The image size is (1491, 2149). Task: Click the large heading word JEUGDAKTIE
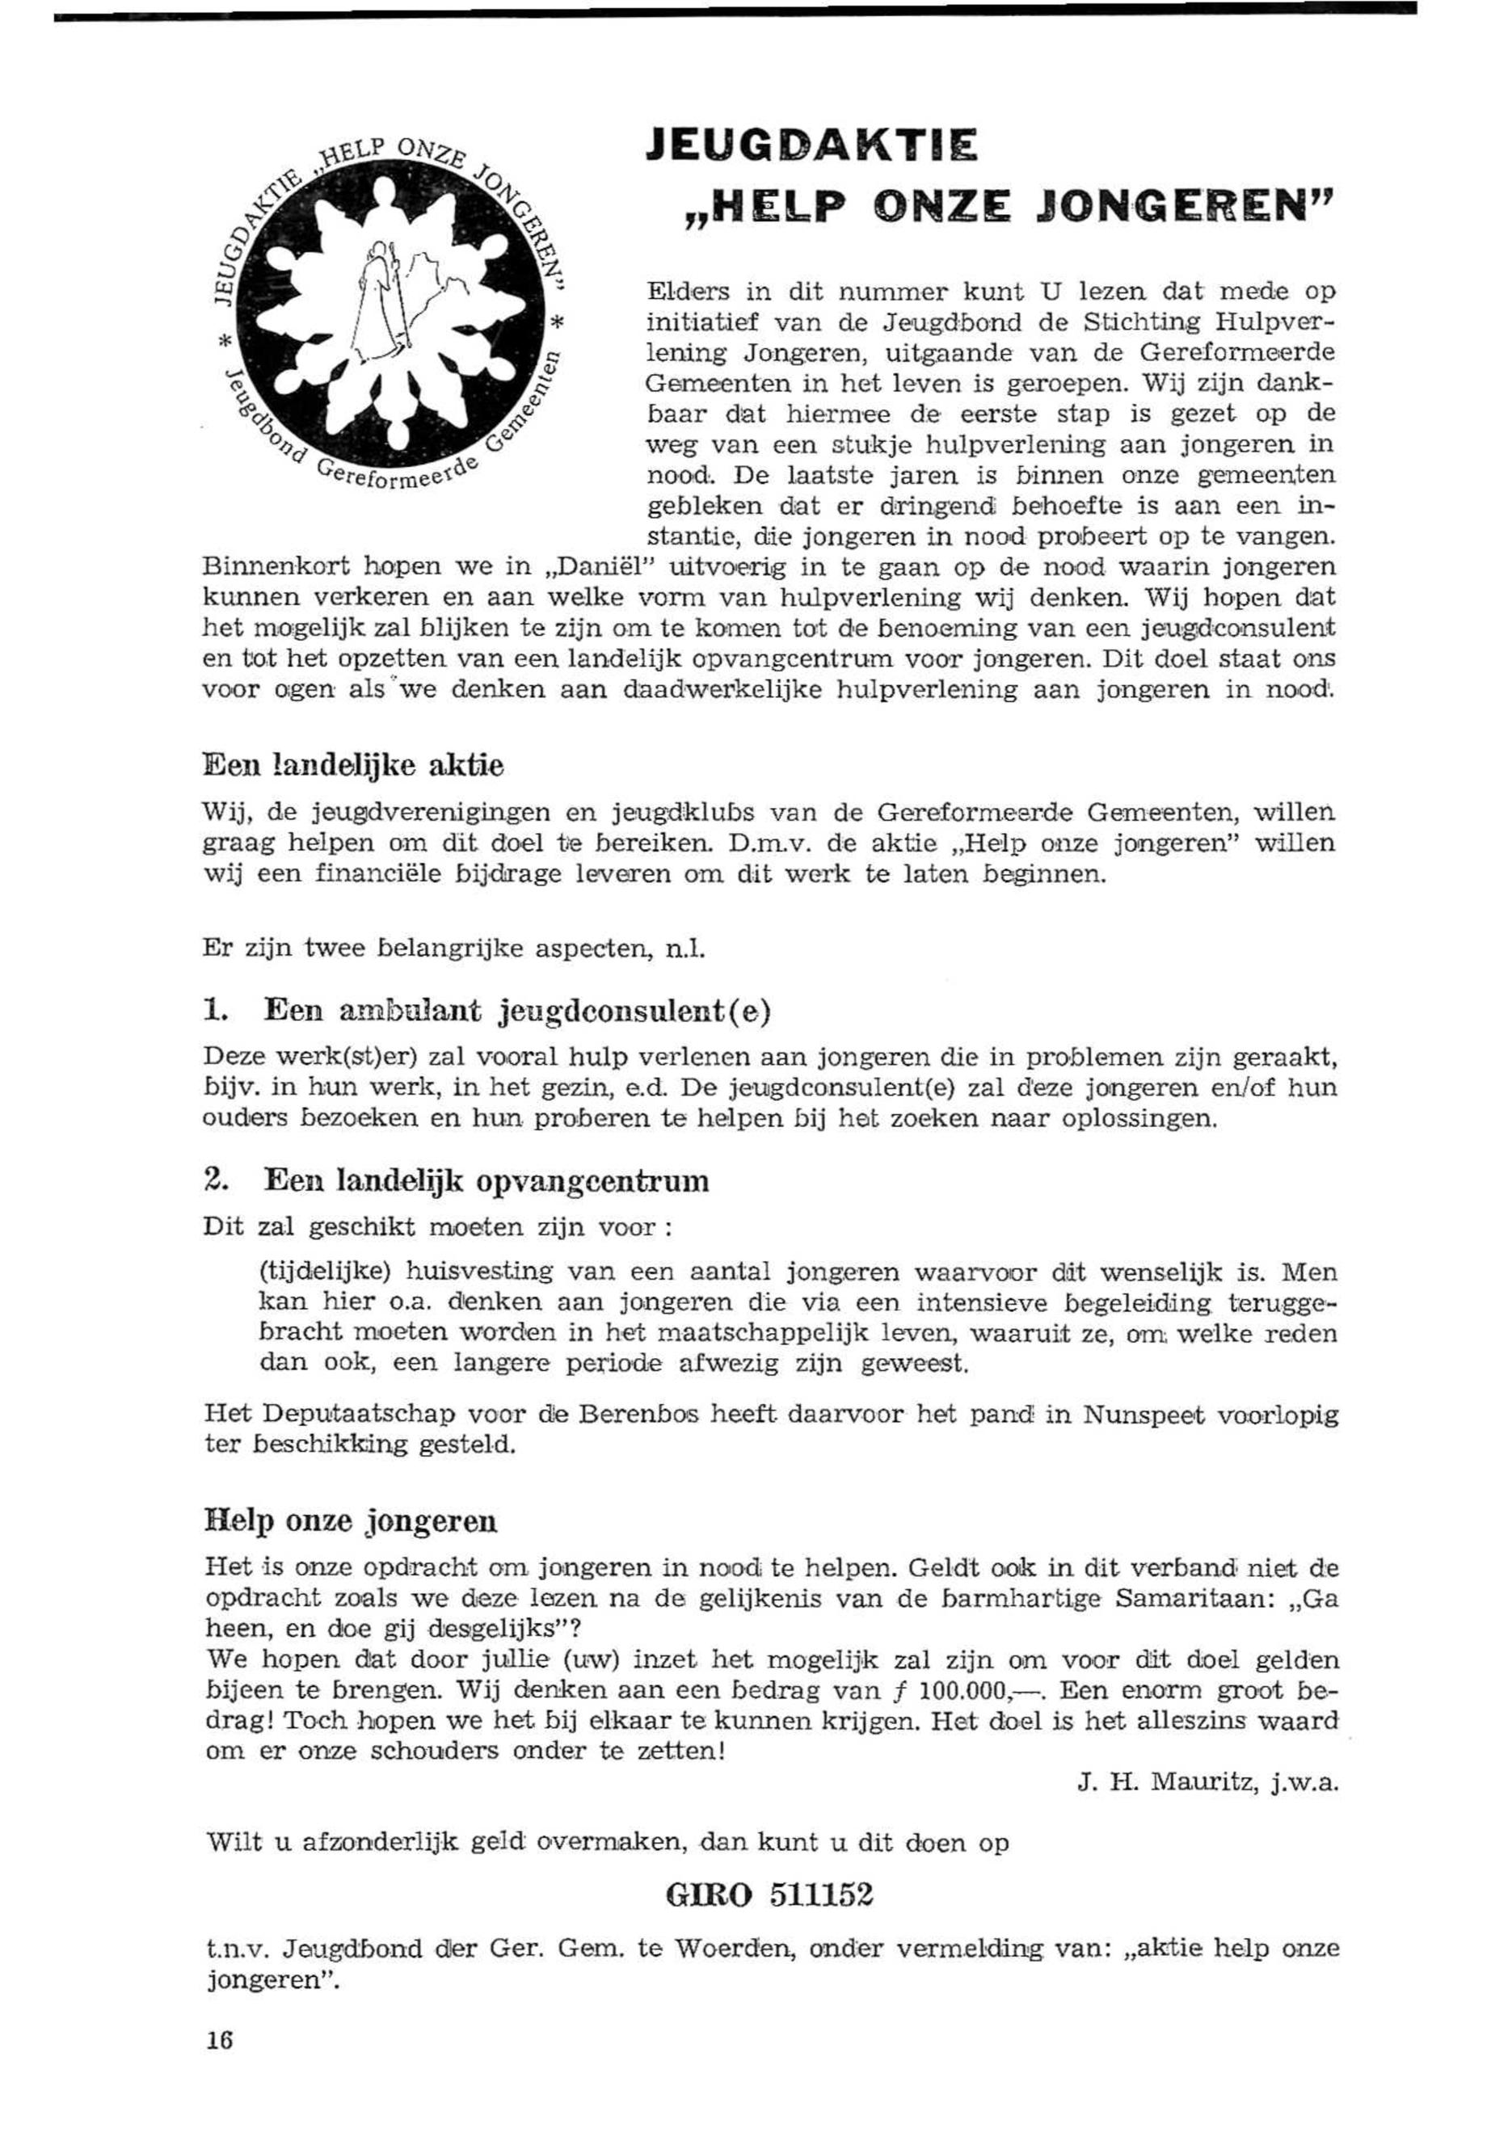(x=812, y=148)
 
